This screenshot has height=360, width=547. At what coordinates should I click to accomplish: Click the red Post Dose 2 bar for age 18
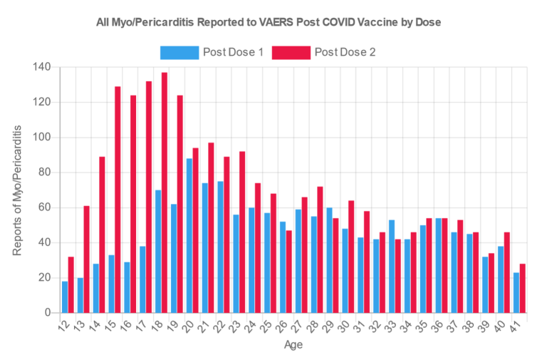(x=165, y=192)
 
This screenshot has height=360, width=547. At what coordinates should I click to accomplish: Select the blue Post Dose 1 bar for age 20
(x=189, y=235)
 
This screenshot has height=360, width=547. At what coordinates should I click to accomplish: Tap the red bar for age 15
(x=118, y=200)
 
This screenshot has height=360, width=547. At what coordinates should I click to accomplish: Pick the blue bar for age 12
(x=65, y=297)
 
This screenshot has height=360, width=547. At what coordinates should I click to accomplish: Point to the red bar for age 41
(x=522, y=288)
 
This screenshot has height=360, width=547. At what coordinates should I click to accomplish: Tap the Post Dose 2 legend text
(x=345, y=52)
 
